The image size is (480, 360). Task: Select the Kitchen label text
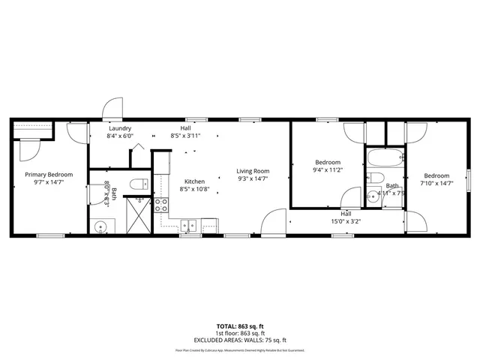point(195,181)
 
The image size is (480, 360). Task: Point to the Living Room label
point(253,171)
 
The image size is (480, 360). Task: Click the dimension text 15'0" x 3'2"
point(346,221)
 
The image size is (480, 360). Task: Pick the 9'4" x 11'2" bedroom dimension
point(328,170)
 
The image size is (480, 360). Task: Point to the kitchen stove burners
point(160,205)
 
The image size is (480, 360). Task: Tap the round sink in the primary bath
point(101,226)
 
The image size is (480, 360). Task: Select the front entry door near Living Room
point(275,222)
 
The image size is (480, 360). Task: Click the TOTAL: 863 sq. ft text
point(240,326)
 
